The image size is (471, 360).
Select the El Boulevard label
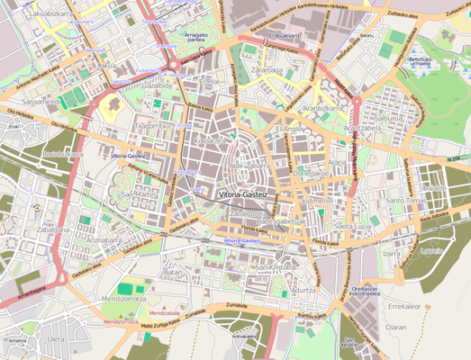pyautogui.click(x=284, y=35)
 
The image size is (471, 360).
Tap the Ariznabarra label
pyautogui.click(x=98, y=240)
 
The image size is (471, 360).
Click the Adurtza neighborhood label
pyautogui.click(x=304, y=290)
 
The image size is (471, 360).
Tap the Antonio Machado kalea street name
pyautogui.click(x=35, y=88)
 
